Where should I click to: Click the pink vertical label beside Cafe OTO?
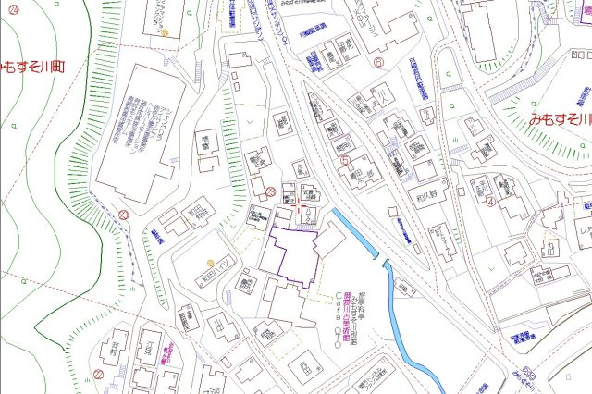[x=348, y=314]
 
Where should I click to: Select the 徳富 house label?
[x=204, y=141]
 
